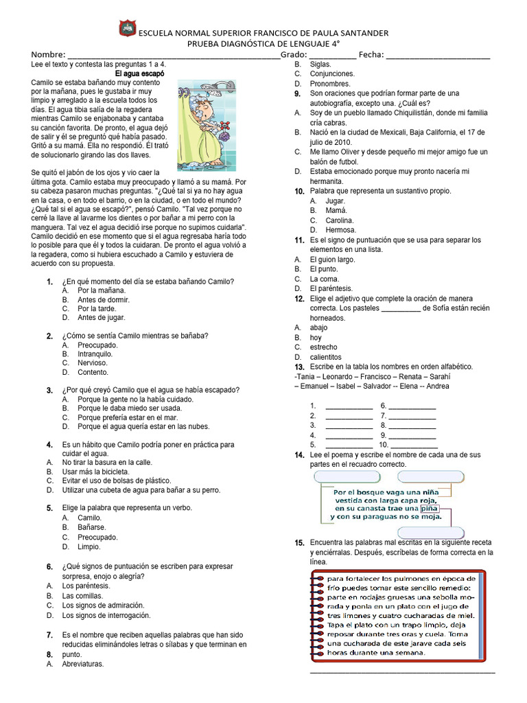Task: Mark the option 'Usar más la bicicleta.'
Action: point(95,472)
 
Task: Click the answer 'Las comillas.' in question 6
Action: point(82,596)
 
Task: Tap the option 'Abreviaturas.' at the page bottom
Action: point(82,664)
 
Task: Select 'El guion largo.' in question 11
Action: point(332,260)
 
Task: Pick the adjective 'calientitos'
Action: point(325,357)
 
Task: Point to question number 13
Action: point(299,367)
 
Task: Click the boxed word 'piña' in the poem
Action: point(429,509)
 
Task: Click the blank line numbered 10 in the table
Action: point(413,444)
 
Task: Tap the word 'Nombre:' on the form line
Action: point(48,54)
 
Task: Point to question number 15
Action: point(299,543)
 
